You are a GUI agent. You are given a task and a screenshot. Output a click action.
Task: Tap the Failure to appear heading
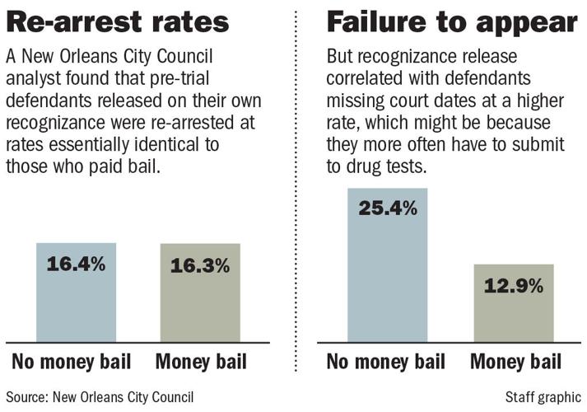451,22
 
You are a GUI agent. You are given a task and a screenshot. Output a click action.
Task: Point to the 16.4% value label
77,265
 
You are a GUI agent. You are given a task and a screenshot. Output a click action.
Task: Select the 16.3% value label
199,266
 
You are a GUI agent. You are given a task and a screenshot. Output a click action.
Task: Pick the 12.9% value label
513,286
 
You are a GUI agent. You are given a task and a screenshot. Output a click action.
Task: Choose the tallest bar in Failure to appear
388,272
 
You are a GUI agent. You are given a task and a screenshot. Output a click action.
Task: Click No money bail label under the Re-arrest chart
74,363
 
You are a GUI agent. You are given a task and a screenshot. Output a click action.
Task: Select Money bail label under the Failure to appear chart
515,363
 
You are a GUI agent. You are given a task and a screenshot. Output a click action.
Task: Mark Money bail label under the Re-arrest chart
201,363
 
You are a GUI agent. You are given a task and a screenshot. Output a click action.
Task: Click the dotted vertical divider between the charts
295,206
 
